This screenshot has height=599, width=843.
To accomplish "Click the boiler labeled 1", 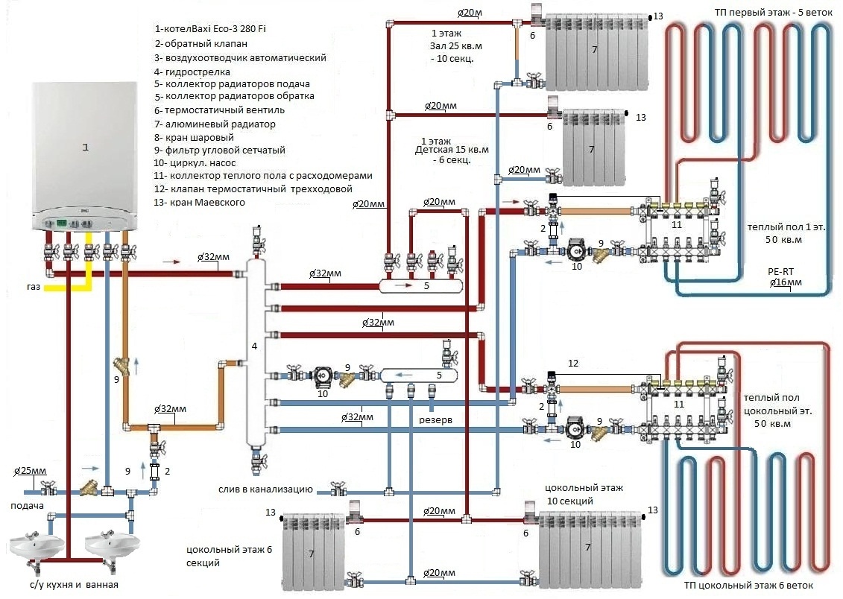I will coord(85,149).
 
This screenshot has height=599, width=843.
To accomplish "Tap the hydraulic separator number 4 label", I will coord(255,346).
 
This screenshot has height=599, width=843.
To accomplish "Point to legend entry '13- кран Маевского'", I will coord(200,202).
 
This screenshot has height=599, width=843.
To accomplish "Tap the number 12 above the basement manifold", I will coord(573,364).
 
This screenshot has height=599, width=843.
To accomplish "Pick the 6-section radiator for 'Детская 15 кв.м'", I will coord(593,148).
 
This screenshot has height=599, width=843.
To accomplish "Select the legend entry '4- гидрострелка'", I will coord(192,72).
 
